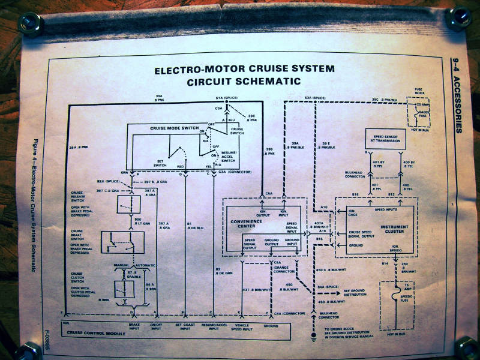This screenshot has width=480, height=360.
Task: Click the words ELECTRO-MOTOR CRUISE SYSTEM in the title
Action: click(244, 69)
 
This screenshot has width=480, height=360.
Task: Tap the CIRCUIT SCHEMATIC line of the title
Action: click(244, 81)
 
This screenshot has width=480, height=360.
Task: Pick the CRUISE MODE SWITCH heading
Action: click(158, 128)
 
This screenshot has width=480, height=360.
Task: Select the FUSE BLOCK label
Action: click(419, 91)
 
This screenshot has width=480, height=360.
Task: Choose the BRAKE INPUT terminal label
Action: click(134, 327)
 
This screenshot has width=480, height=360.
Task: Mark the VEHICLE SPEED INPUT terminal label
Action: click(241, 327)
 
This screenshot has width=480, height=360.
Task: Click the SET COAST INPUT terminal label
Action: click(185, 327)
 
